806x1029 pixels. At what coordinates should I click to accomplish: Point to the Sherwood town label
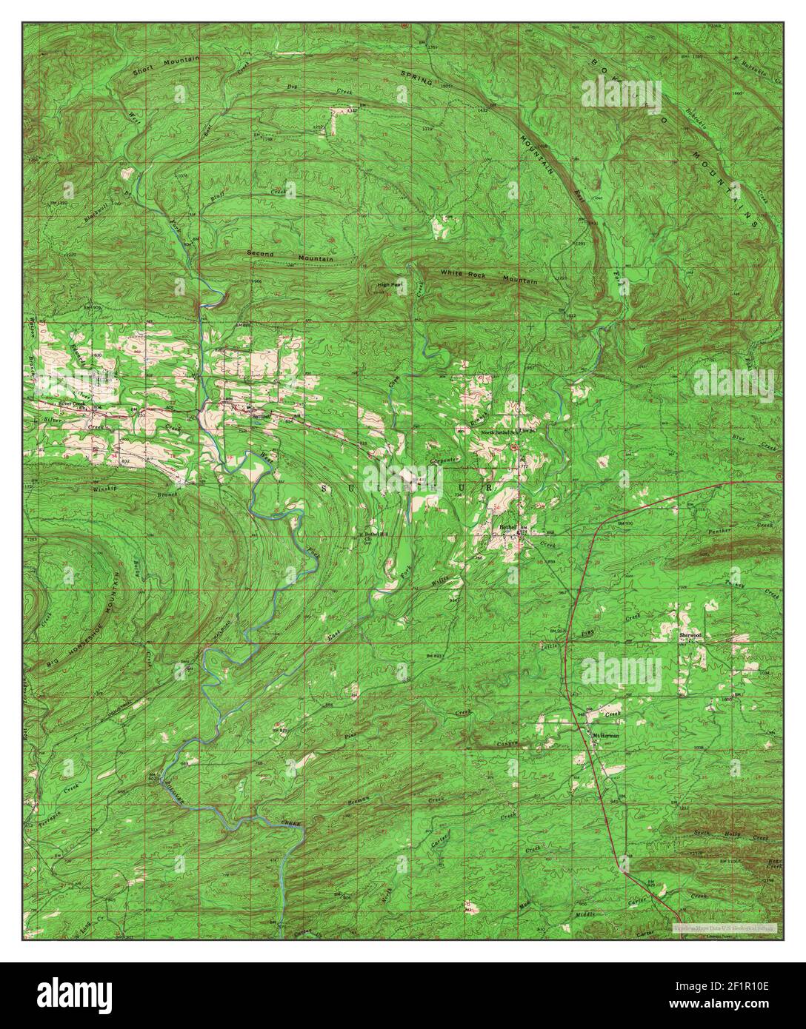point(690,635)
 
